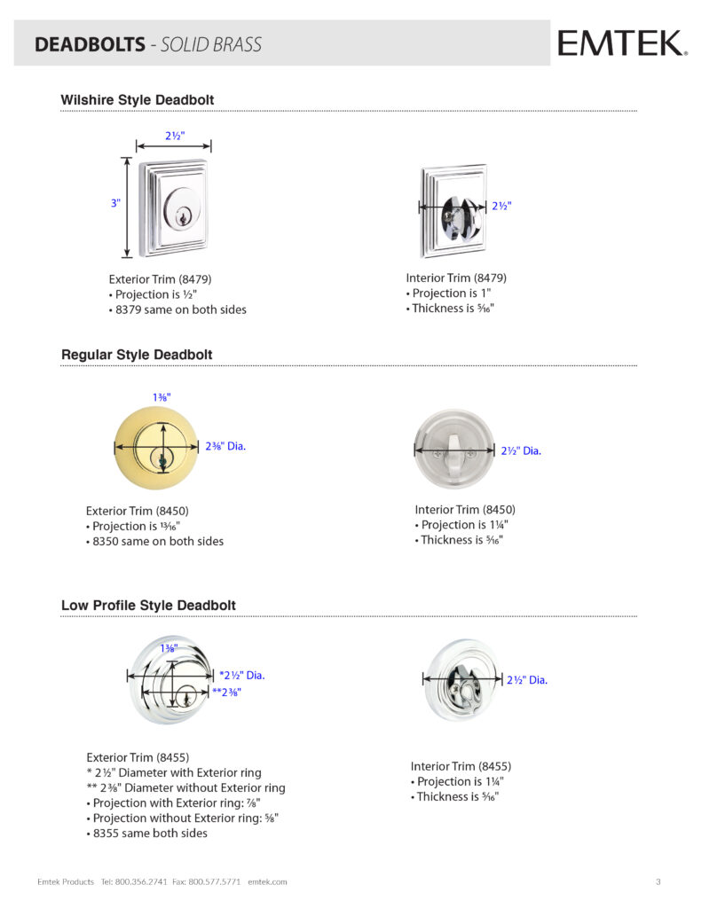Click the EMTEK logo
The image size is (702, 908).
pyautogui.click(x=621, y=43)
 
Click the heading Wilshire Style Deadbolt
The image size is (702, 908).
pyautogui.click(x=137, y=100)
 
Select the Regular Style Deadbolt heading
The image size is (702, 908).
pyautogui.click(x=137, y=355)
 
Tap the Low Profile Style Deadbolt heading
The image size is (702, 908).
pyautogui.click(x=148, y=606)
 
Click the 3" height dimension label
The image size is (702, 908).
pyautogui.click(x=115, y=203)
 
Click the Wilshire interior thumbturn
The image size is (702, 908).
pyautogui.click(x=454, y=211)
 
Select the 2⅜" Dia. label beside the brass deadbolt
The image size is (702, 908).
pyautogui.click(x=224, y=446)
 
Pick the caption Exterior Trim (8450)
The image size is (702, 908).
pyautogui.click(x=138, y=511)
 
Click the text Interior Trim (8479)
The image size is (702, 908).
pyautogui.click(x=456, y=278)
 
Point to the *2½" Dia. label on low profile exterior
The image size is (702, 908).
pyautogui.click(x=241, y=676)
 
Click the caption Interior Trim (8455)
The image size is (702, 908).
pyautogui.click(x=461, y=766)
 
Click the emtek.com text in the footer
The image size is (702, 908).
pyautogui.click(x=267, y=881)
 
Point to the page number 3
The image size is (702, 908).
pyautogui.click(x=658, y=881)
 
